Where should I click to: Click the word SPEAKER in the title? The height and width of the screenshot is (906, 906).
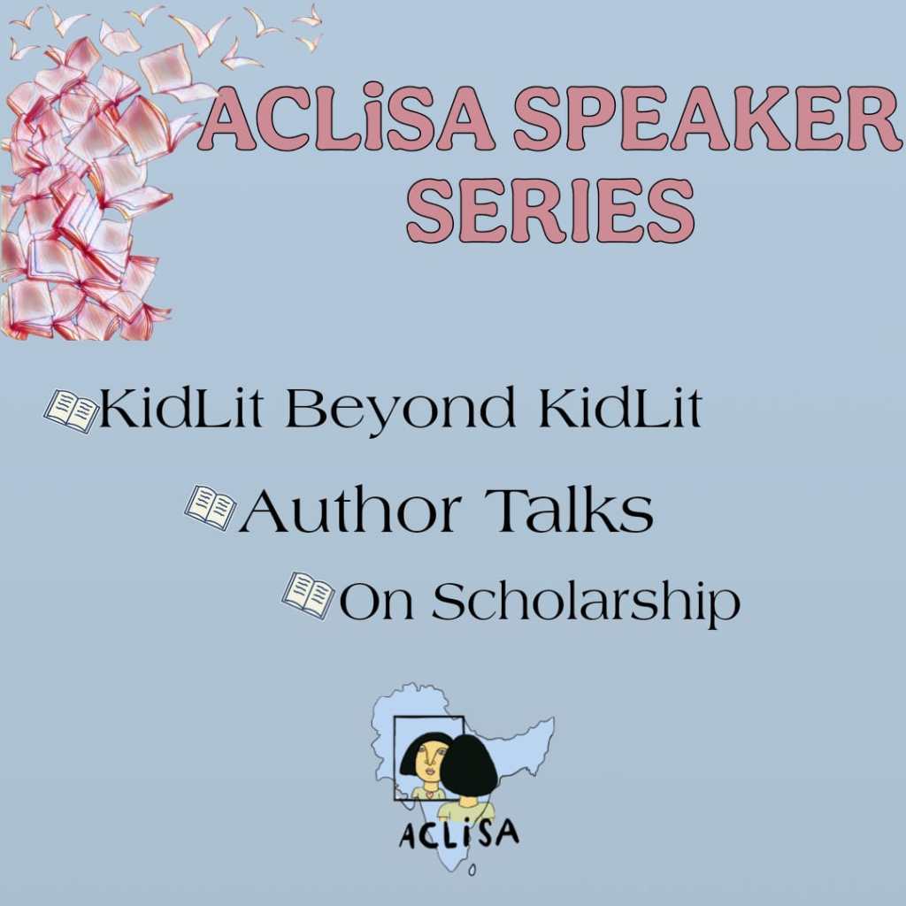coord(707,119)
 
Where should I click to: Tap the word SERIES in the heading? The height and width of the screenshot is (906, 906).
coord(550,211)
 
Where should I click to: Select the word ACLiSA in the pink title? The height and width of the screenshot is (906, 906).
coord(346,119)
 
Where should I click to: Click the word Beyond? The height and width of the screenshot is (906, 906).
coord(400,409)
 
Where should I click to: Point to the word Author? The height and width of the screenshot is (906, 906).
coord(350,510)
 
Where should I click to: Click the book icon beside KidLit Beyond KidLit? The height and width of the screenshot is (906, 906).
coord(71,411)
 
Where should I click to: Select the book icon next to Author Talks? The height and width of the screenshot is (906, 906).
coord(211,507)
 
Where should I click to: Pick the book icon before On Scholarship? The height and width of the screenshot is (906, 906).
coord(308,595)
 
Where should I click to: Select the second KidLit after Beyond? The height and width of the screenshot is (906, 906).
coord(620,408)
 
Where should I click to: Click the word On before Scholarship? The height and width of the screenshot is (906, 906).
coord(376,602)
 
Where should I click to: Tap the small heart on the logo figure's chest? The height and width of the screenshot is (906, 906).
coord(429,794)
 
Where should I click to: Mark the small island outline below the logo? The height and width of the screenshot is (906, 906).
coord(472,870)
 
